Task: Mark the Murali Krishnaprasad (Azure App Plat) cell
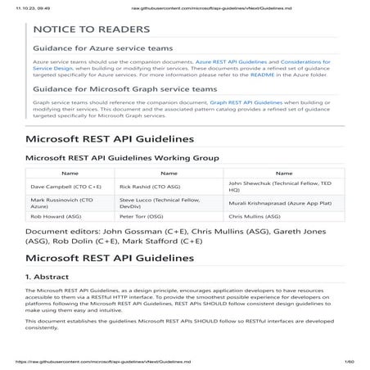click(279, 204)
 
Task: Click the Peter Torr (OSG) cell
click(146, 219)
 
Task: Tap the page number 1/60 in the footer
click(348, 360)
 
